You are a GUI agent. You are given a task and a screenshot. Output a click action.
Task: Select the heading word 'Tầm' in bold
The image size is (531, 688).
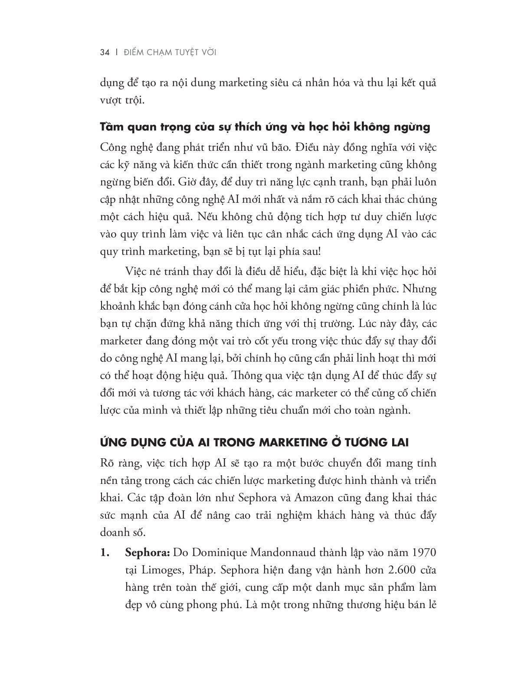click(x=112, y=127)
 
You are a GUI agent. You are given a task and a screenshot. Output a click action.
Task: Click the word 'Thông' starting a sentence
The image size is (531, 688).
click(x=248, y=375)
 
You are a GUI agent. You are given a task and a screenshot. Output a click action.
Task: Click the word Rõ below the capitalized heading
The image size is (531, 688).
click(x=107, y=463)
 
